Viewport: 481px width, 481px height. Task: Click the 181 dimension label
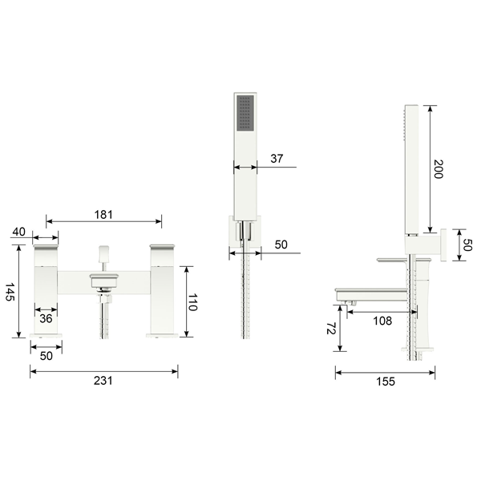103,214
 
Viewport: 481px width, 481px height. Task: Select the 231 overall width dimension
103,380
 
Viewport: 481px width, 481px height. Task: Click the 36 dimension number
46,318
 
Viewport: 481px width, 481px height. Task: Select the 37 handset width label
277,159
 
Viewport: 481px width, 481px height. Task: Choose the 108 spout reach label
382,321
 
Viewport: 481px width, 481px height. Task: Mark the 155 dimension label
385,382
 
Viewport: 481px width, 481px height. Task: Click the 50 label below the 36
46,356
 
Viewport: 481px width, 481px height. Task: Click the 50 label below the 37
280,245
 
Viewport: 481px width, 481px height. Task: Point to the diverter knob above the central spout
102,255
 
